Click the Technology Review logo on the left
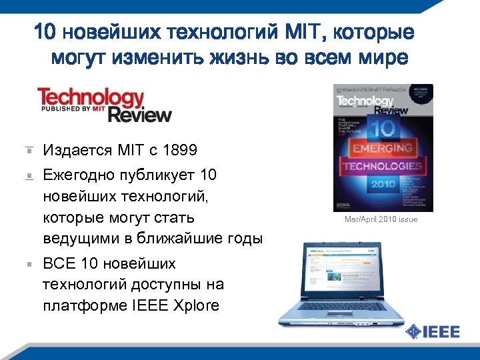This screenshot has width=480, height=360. click(x=105, y=105)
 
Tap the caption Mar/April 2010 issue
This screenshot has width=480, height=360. click(x=381, y=219)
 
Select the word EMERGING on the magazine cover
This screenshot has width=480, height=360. click(x=382, y=148)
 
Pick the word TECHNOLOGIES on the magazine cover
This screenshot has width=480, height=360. click(x=382, y=165)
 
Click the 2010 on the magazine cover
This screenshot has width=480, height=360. click(x=382, y=182)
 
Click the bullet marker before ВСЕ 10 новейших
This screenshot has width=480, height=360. click(x=29, y=264)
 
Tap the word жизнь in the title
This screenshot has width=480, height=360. click(x=217, y=58)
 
